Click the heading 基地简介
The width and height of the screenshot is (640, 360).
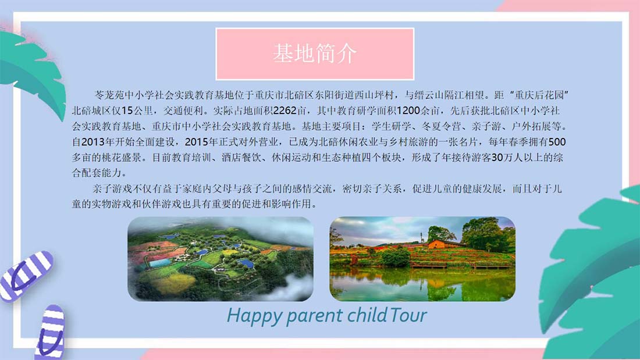(315, 54)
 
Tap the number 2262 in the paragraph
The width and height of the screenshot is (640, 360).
(285, 111)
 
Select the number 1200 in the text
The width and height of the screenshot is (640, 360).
(408, 111)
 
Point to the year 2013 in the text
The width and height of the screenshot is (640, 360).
(93, 142)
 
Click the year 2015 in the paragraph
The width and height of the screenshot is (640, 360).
(196, 142)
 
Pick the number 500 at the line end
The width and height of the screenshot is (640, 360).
(557, 142)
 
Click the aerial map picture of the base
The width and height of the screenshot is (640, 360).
(221, 259)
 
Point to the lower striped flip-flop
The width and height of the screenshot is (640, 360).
(51, 332)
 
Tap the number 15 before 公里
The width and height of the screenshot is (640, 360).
(127, 111)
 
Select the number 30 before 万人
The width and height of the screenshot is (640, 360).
(497, 158)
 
